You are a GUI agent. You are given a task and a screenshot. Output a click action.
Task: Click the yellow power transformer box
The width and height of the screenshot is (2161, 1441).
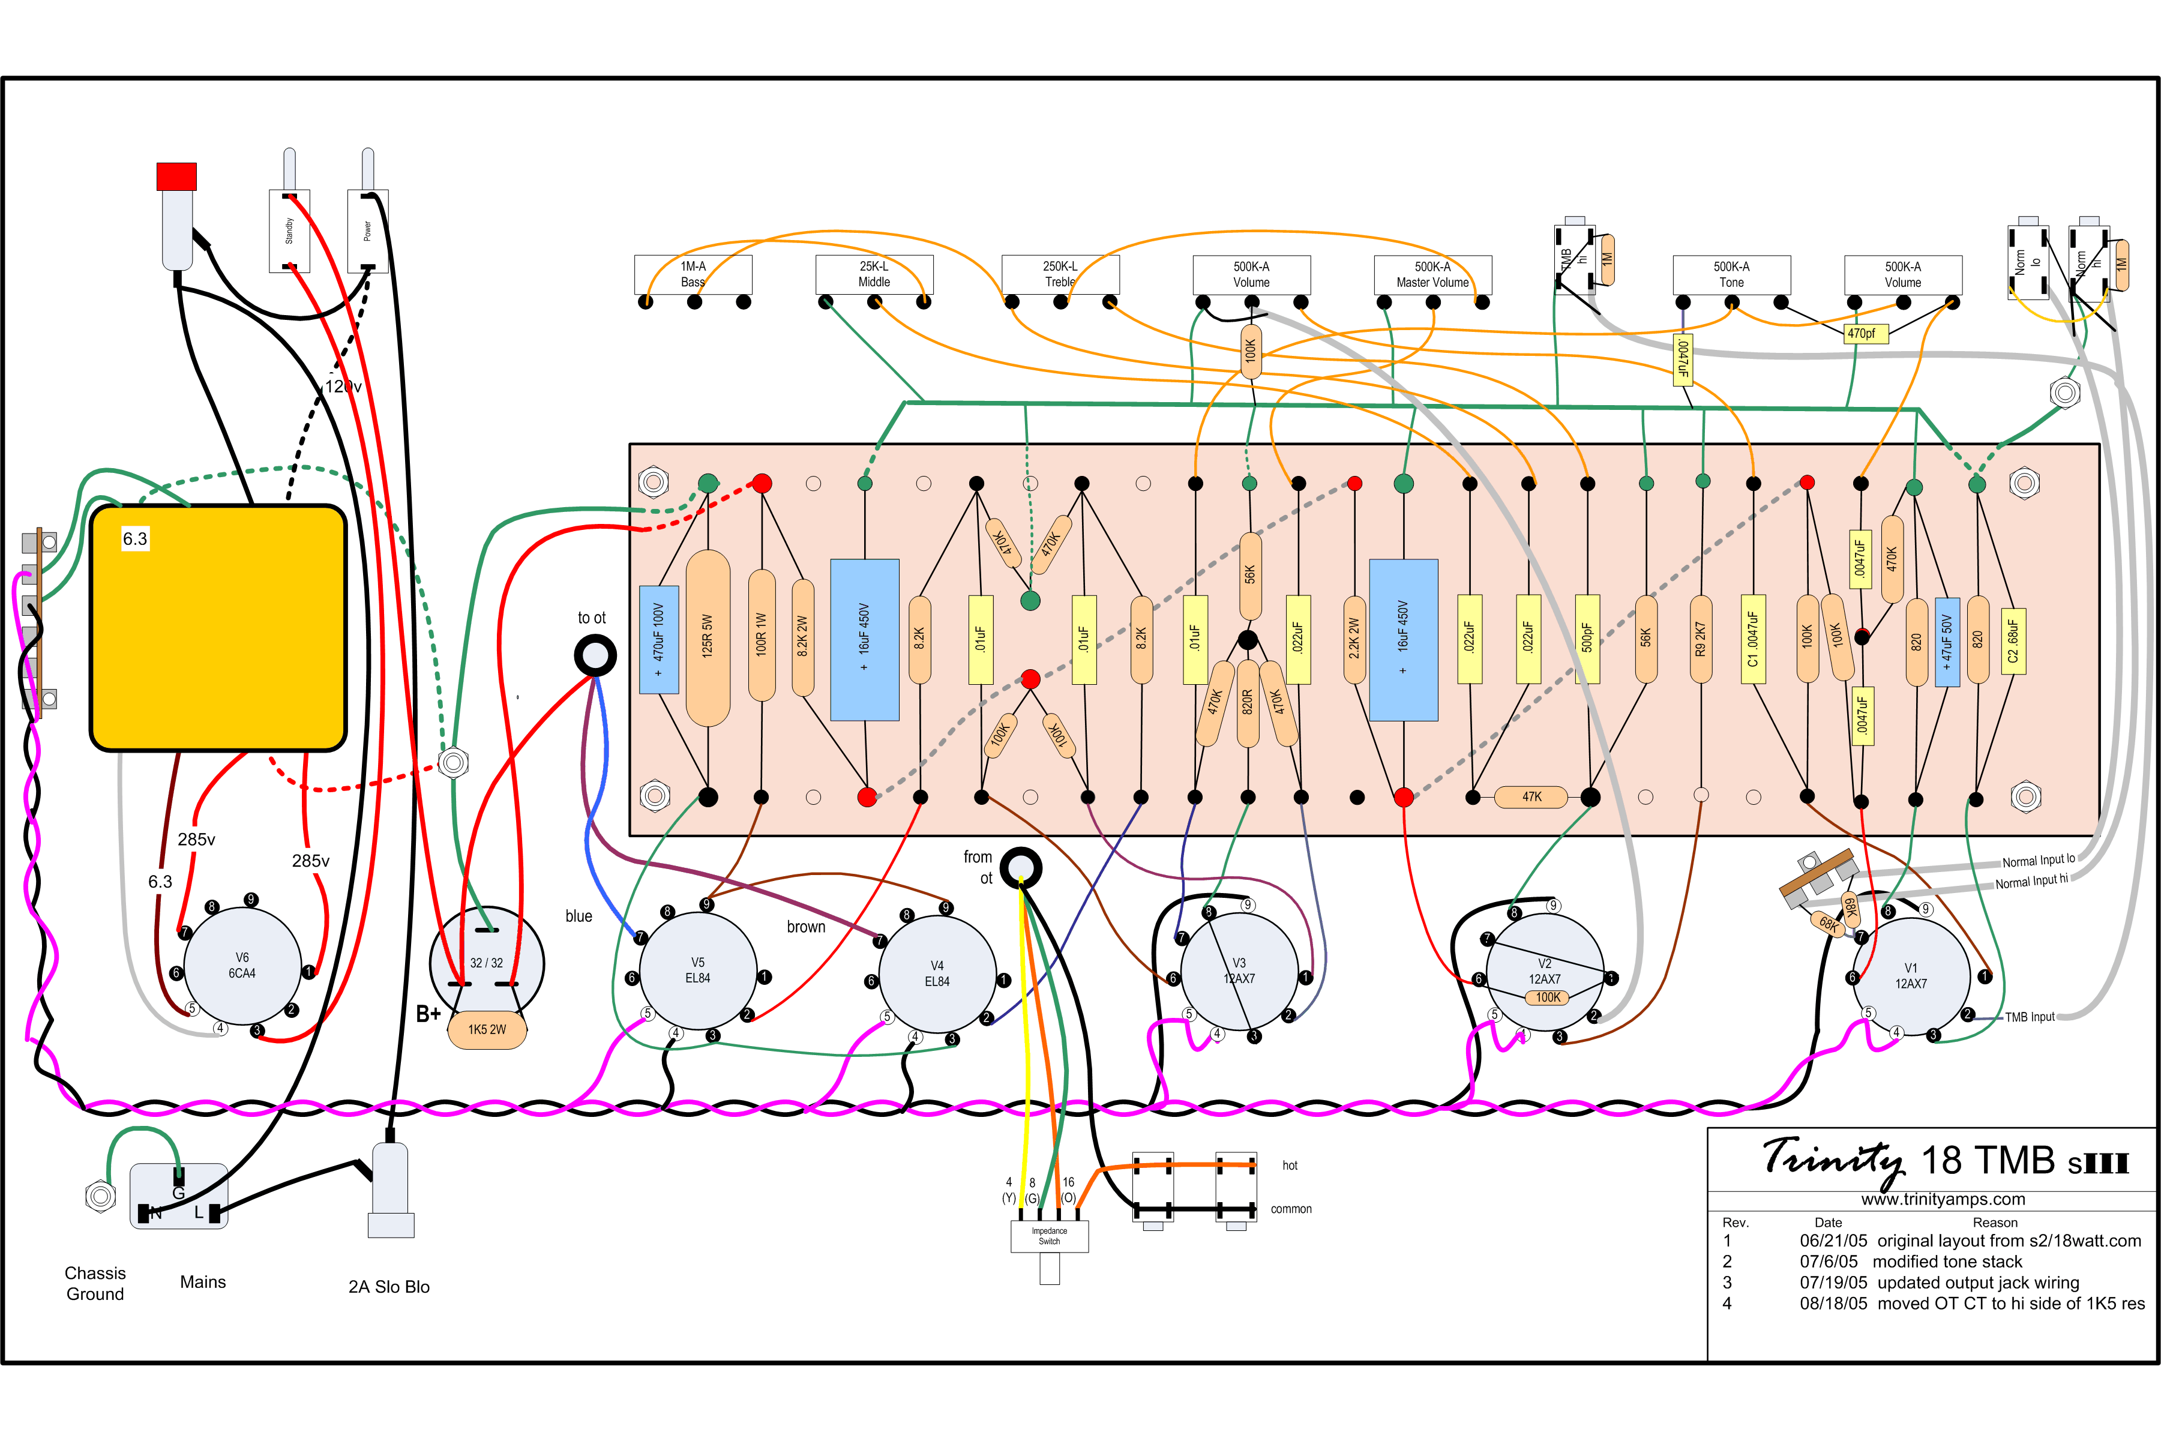[x=218, y=628]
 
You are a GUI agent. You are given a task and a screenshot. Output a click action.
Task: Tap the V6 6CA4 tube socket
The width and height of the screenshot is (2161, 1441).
[x=242, y=965]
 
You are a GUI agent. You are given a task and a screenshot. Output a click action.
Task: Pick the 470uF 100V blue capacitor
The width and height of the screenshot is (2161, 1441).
[x=659, y=640]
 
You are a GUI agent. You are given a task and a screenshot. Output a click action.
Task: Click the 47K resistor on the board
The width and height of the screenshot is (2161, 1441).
[x=1531, y=797]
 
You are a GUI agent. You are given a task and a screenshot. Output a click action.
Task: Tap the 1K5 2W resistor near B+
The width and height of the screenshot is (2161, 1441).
[x=487, y=1029]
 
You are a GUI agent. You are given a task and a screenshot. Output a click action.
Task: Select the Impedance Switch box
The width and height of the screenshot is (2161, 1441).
[x=1049, y=1236]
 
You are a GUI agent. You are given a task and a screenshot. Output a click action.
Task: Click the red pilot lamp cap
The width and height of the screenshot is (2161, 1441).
[x=176, y=176]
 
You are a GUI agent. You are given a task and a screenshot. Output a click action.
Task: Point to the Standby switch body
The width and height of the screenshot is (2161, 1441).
[x=289, y=230]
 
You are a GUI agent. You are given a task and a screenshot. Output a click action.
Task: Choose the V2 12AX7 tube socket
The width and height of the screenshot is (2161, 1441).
[x=1545, y=972]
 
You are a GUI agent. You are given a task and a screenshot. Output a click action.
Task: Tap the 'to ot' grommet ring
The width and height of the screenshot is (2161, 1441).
[x=595, y=655]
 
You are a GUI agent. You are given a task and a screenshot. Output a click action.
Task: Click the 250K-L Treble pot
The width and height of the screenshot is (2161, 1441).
[x=1060, y=274]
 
